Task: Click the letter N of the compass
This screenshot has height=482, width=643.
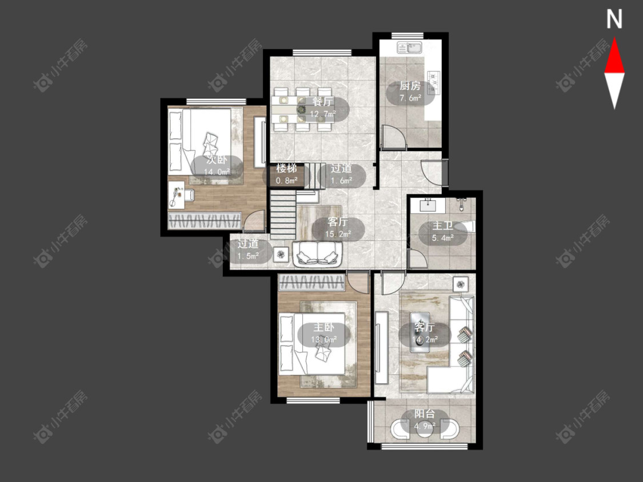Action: click(x=614, y=19)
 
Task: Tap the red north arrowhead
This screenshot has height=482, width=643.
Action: click(x=614, y=56)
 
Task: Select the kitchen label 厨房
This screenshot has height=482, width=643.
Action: click(x=410, y=86)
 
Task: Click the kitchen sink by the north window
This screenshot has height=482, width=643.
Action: click(x=410, y=48)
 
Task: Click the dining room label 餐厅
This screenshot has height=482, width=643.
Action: click(x=323, y=102)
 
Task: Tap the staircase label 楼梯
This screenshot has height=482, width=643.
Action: click(x=286, y=168)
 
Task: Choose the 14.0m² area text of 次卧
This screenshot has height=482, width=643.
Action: click(x=217, y=172)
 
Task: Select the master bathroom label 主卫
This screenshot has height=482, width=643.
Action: click(x=442, y=226)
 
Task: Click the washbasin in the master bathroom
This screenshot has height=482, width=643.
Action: click(x=429, y=204)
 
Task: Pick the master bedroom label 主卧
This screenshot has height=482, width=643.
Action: click(x=324, y=327)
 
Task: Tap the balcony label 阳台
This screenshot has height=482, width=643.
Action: click(x=425, y=414)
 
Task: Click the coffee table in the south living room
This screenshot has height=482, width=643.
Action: click(x=420, y=332)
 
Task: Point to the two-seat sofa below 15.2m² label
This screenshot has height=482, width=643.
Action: click(x=317, y=254)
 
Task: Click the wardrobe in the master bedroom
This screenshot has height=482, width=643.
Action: click(x=311, y=283)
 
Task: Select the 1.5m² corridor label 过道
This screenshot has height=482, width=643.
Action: click(x=248, y=244)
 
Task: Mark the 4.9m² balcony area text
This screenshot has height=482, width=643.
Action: click(x=425, y=426)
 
